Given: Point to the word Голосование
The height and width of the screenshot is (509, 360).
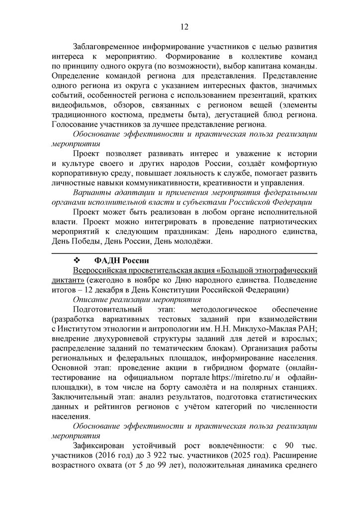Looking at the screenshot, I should [x=76, y=124].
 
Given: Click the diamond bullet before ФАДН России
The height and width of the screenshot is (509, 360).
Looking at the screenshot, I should [x=77, y=260].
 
